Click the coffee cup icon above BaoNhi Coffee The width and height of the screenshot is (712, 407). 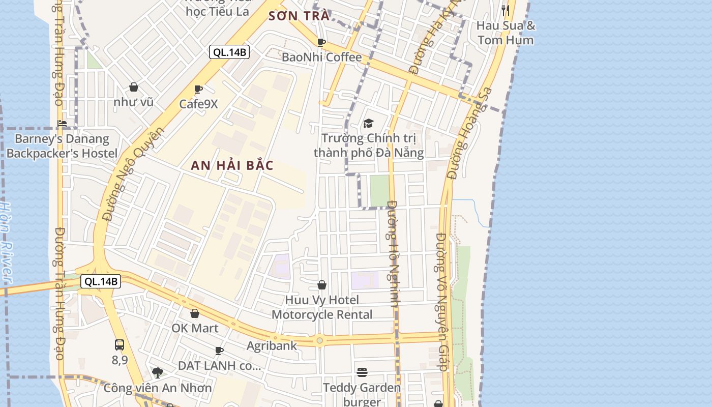pyautogui.click(x=321, y=42)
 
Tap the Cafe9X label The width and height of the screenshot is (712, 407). pyautogui.click(x=198, y=104)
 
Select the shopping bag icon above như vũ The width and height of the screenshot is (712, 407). pyautogui.click(x=134, y=87)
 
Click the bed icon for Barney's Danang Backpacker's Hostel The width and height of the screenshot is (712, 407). pyautogui.click(x=62, y=123)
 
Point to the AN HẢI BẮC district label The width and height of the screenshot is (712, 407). pyautogui.click(x=232, y=165)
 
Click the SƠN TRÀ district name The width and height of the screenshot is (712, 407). pyautogui.click(x=299, y=16)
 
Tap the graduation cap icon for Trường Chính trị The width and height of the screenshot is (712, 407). pyautogui.click(x=368, y=123)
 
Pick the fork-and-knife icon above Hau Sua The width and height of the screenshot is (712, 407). pyautogui.click(x=506, y=10)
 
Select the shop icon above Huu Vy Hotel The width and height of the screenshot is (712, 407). pyautogui.click(x=322, y=285)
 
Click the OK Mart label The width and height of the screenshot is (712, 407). pyautogui.click(x=195, y=328)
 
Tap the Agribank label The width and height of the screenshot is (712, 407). pyautogui.click(x=272, y=346)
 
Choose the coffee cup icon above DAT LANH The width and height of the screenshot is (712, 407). pyautogui.click(x=219, y=351)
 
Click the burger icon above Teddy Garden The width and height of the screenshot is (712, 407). pyautogui.click(x=362, y=372)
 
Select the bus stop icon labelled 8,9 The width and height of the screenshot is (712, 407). pyautogui.click(x=120, y=344)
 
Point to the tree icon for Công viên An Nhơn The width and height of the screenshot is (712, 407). pyautogui.click(x=158, y=373)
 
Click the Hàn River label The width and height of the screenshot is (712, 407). pyautogui.click(x=6, y=242)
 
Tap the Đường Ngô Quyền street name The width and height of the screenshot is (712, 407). pyautogui.click(x=133, y=173)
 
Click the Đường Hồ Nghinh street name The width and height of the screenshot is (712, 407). pyautogui.click(x=394, y=253)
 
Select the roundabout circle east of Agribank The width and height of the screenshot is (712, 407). pyautogui.click(x=319, y=340)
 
